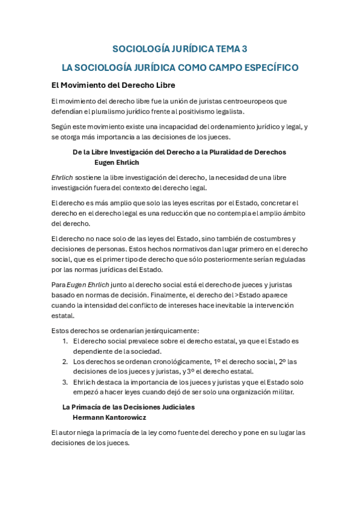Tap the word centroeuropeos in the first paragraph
[x=228, y=101]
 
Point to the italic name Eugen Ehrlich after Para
[x=88, y=285]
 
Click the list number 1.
[x=65, y=341]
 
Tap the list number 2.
[x=65, y=361]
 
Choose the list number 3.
[x=65, y=382]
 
